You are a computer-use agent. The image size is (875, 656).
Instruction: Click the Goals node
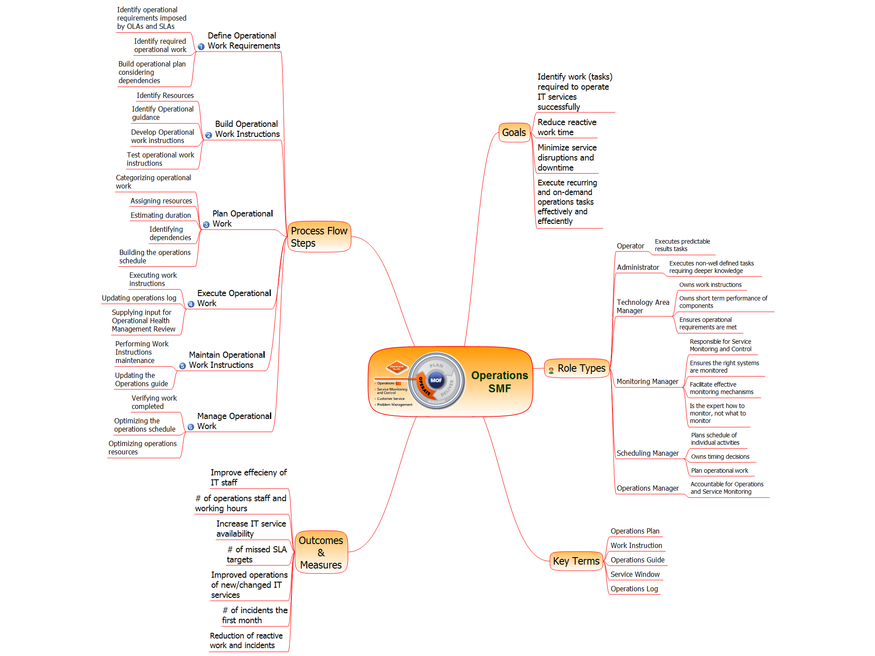pyautogui.click(x=514, y=133)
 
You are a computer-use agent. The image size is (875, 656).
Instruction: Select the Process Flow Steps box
pyautogui.click(x=319, y=237)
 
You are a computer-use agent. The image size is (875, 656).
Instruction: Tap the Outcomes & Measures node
pyautogui.click(x=321, y=552)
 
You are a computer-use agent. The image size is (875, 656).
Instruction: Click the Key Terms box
pyautogui.click(x=576, y=561)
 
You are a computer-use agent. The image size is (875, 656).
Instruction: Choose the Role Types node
pyautogui.click(x=577, y=369)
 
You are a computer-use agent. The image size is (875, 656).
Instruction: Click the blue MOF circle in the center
pyautogui.click(x=436, y=380)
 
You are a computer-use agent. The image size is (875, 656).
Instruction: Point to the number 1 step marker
pyautogui.click(x=201, y=46)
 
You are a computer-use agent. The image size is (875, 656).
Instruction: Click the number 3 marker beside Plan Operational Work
pyautogui.click(x=206, y=225)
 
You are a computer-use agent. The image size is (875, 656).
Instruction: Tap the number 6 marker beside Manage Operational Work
pyautogui.click(x=191, y=427)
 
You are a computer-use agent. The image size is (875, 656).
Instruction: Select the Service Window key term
pyautogui.click(x=635, y=574)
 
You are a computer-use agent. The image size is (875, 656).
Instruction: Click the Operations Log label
pyautogui.click(x=634, y=589)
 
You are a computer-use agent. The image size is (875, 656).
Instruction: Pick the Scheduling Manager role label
pyautogui.click(x=647, y=453)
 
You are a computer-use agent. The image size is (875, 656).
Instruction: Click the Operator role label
pyautogui.click(x=630, y=246)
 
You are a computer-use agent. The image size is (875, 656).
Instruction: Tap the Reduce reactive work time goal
pyautogui.click(x=567, y=127)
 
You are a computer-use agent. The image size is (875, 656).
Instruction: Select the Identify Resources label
pyautogui.click(x=165, y=95)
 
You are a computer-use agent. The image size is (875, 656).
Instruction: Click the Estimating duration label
pyautogui.click(x=161, y=215)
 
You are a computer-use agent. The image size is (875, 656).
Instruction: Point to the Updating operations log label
pyautogui.click(x=139, y=298)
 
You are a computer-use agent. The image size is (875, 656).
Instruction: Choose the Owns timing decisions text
pyautogui.click(x=720, y=457)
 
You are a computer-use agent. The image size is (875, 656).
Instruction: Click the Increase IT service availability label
pyautogui.click(x=251, y=529)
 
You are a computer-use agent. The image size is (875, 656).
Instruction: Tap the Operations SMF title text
pyautogui.click(x=500, y=382)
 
